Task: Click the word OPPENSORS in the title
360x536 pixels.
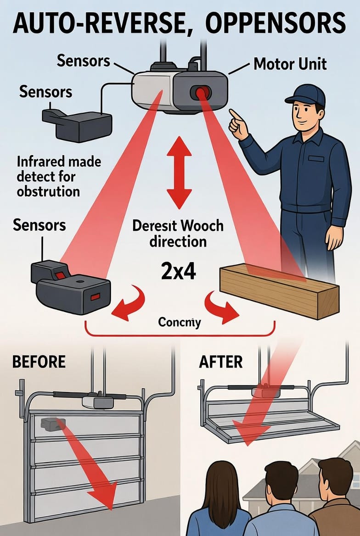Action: (x=276, y=22)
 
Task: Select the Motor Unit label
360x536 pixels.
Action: (x=290, y=64)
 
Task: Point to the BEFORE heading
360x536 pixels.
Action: (x=39, y=362)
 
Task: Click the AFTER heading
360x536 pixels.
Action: (x=221, y=362)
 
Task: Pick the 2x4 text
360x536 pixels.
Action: (x=179, y=272)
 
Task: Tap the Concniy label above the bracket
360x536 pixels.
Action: (x=180, y=322)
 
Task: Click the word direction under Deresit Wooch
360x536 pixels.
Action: (x=178, y=242)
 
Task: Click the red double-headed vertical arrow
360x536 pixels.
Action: (x=179, y=172)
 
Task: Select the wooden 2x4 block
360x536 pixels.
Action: (x=279, y=291)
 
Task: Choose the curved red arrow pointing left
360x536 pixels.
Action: (x=128, y=302)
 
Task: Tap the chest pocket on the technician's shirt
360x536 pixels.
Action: (x=315, y=159)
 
